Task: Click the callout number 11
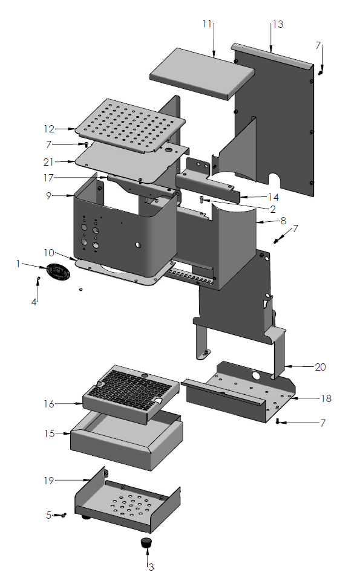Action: coord(207,24)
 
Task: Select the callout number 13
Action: coord(278,24)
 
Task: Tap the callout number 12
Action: coord(49,129)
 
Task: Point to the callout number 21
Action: coord(49,162)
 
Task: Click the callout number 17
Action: coord(49,178)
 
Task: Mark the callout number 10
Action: coord(48,251)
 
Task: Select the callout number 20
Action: coord(321,366)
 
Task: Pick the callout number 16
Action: coord(49,403)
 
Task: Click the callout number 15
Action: coord(49,433)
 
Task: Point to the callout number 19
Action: coord(49,481)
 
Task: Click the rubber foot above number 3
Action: coord(145,542)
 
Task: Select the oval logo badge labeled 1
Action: coord(59,271)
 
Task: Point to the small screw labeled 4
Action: coord(38,279)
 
